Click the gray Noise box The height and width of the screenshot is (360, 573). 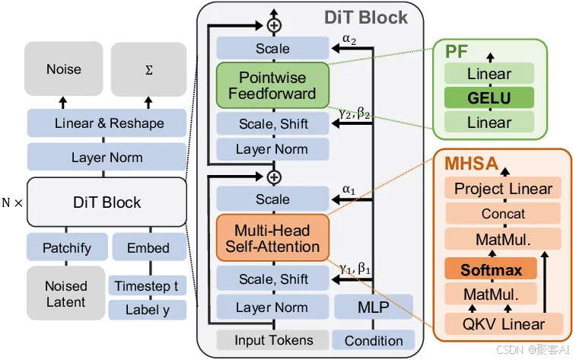tap(64, 68)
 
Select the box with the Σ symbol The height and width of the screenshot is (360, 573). tap(148, 69)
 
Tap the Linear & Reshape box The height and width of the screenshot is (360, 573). tap(107, 123)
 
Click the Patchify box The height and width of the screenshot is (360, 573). tap(67, 247)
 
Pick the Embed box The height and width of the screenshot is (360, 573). tap(149, 247)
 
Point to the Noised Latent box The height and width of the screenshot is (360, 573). tap(65, 293)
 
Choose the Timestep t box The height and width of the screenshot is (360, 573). tap(148, 285)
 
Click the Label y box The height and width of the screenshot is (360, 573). tap(148, 310)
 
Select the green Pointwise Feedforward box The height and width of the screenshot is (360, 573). tap(272, 85)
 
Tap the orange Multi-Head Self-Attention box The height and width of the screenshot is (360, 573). tap(272, 238)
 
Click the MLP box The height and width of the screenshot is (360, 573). tap(374, 307)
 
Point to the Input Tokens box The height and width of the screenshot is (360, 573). tap(273, 340)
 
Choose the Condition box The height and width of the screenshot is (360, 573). tap(374, 340)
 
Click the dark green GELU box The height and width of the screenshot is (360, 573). tap(489, 97)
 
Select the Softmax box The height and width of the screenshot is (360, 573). tap(491, 269)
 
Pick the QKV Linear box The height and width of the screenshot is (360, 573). tap(504, 323)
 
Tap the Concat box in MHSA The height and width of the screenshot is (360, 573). tap(503, 213)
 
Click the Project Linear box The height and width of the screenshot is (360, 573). tap(503, 189)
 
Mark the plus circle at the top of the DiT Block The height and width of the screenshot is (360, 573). tap(274, 25)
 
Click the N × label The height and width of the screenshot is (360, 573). tap(12, 202)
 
